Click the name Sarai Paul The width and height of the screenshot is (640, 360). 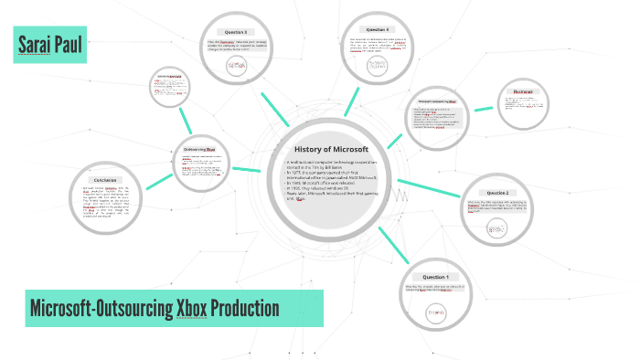click(x=50, y=45)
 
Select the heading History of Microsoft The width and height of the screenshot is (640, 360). click(x=331, y=149)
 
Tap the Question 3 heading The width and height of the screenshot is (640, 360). click(x=239, y=32)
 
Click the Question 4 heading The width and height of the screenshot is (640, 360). click(x=377, y=30)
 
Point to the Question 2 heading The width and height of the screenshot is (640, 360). click(x=497, y=193)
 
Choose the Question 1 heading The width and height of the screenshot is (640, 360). click(x=435, y=276)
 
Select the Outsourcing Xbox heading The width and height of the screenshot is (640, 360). click(x=199, y=149)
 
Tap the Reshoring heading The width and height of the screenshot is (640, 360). click(x=523, y=91)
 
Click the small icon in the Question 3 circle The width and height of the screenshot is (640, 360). click(x=238, y=66)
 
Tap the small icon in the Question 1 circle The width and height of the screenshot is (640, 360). click(x=435, y=312)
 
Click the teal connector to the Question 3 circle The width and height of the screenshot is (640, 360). click(x=274, y=107)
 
